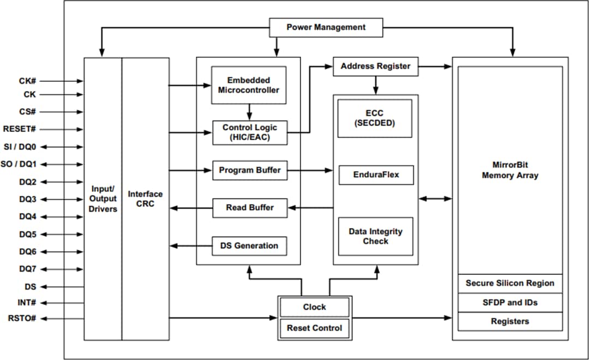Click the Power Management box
tap(326, 27)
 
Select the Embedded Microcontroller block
tap(249, 85)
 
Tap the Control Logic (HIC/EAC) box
tap(249, 133)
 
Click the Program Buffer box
tap(249, 171)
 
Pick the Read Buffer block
tap(249, 208)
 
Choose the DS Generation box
tap(249, 246)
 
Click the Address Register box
tap(375, 67)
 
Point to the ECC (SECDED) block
tap(375, 118)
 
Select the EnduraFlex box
tap(375, 175)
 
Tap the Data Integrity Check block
tap(375, 236)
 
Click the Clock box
tap(314, 308)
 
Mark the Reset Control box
tap(314, 328)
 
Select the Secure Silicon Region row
tap(509, 284)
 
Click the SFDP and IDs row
tap(509, 303)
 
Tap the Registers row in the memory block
tap(509, 322)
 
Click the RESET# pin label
tap(19, 129)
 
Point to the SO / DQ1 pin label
tap(20, 164)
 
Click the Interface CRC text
tap(145, 199)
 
